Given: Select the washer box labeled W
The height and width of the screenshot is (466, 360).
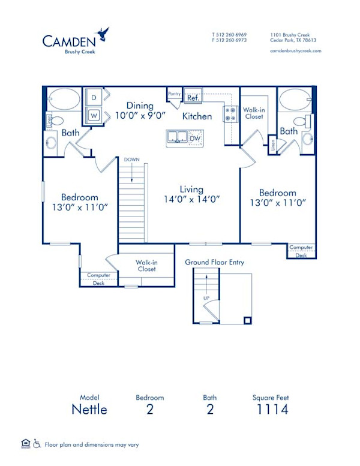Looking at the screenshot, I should tap(94, 113).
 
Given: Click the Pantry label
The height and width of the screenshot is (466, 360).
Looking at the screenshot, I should tap(174, 94).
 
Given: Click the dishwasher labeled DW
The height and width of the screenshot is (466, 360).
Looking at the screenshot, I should tap(194, 139).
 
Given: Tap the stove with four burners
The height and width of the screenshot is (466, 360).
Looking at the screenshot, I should tap(230, 113).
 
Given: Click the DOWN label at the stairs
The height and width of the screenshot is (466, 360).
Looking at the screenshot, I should tap(132, 160).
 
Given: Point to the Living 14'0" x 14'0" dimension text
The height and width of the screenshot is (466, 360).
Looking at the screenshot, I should tap(192, 194).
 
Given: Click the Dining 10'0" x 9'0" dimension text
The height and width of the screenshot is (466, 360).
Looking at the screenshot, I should tap(140, 110).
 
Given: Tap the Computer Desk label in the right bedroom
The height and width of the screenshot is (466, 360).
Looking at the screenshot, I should tap(301, 251).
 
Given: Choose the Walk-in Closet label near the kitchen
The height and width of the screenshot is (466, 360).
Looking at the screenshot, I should tap(254, 113).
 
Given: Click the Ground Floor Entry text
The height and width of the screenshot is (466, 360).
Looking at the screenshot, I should tap(214, 262).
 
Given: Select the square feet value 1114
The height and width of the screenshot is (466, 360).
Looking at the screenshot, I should tap(271, 410).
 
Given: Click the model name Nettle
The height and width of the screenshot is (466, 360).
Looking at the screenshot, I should tap(89, 410).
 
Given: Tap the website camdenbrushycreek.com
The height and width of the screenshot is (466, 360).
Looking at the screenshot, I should tap(296, 51).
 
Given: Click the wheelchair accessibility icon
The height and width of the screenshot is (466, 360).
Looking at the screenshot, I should tap(37, 444).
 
